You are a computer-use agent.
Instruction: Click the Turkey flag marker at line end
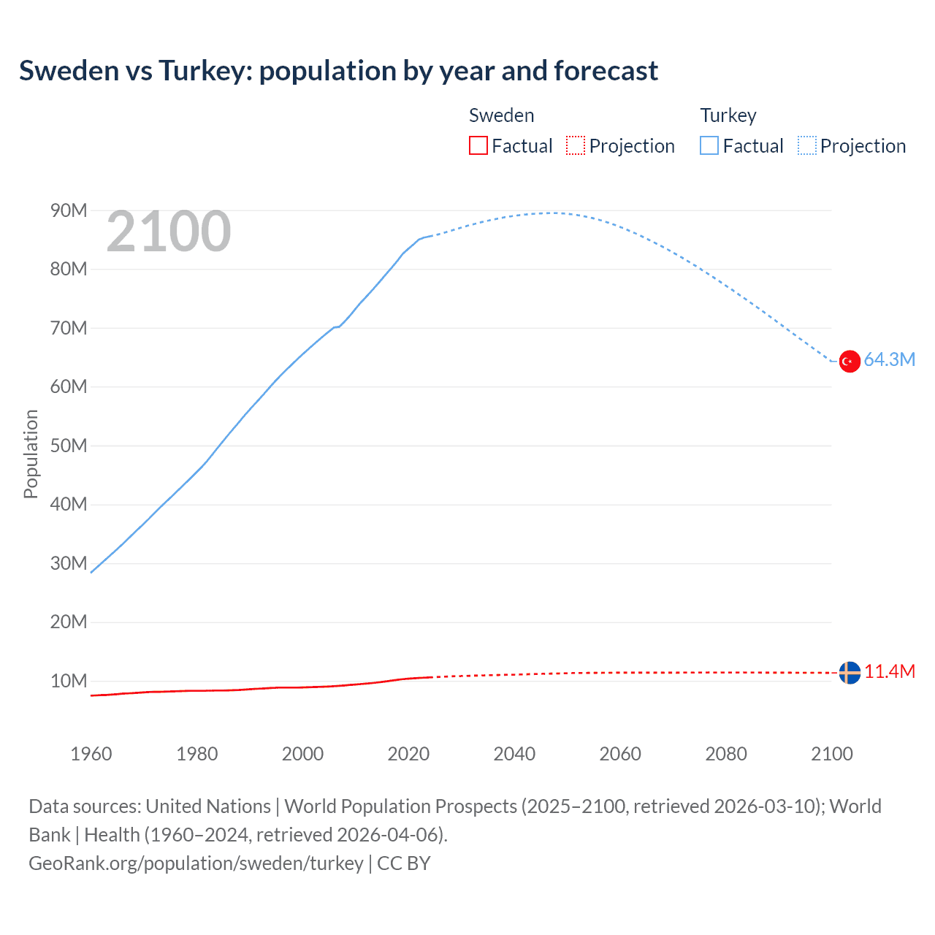click(850, 361)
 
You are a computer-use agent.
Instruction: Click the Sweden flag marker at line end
click(850, 672)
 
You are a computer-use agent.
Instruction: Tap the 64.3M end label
click(889, 359)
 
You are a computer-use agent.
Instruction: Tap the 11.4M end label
click(889, 671)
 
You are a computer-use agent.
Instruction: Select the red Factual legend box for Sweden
click(478, 145)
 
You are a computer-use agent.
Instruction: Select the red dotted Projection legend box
click(576, 145)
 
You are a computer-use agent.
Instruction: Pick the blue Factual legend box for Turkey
click(709, 145)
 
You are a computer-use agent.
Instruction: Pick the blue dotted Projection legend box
click(807, 145)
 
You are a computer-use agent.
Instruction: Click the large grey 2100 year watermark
click(169, 232)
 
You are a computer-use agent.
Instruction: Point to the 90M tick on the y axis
click(69, 210)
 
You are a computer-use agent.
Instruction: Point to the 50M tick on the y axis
click(69, 446)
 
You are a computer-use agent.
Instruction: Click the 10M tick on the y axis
click(69, 681)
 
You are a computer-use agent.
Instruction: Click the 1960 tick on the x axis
click(91, 754)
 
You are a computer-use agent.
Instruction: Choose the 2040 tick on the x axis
click(514, 754)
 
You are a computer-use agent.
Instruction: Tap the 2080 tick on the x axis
click(726, 754)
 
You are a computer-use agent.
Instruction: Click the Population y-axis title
click(31, 454)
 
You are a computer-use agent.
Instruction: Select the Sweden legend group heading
click(501, 115)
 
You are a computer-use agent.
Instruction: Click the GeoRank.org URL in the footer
click(196, 863)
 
